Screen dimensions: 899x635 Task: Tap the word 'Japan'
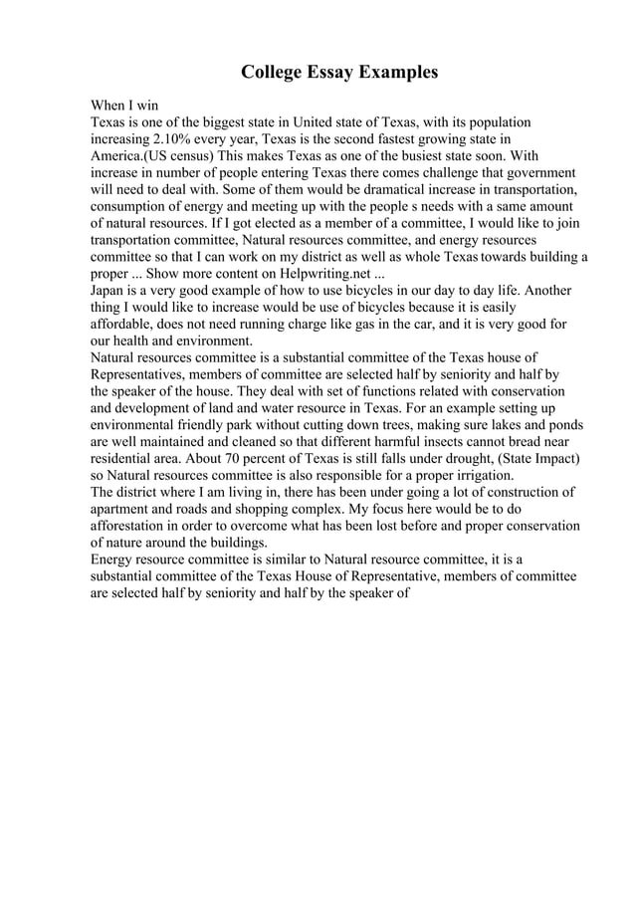coord(109,292)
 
